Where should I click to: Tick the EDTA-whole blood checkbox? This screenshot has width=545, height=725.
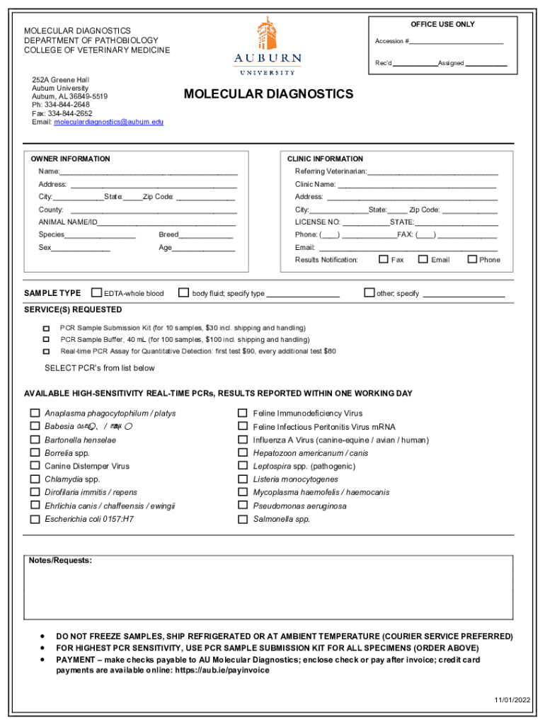(x=97, y=292)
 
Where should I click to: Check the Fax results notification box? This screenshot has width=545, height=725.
(x=384, y=259)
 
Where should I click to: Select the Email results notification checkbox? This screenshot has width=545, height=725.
(x=423, y=259)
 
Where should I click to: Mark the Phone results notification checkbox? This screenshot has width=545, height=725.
(x=472, y=259)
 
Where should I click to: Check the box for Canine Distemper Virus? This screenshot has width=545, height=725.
(x=35, y=466)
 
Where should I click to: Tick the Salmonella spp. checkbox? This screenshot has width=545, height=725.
(x=243, y=519)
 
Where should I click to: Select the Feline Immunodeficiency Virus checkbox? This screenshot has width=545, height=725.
(x=243, y=413)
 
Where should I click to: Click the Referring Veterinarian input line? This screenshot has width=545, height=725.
(x=432, y=171)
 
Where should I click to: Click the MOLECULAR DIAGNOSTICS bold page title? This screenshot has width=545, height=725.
(x=268, y=95)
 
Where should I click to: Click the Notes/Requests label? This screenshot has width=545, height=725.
(x=60, y=561)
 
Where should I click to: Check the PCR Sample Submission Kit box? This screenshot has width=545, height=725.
(x=47, y=329)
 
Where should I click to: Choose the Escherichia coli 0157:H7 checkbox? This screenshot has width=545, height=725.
(x=35, y=519)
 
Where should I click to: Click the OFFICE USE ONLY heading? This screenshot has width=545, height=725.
(x=442, y=25)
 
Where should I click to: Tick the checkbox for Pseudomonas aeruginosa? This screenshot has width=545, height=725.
(x=243, y=506)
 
